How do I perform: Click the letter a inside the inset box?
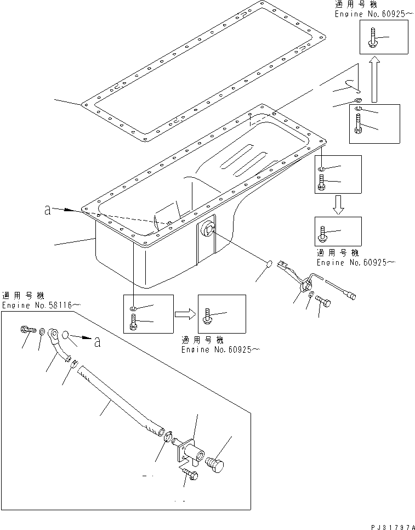(98, 342)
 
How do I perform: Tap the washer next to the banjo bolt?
(42, 331)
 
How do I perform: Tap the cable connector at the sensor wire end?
(350, 295)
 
